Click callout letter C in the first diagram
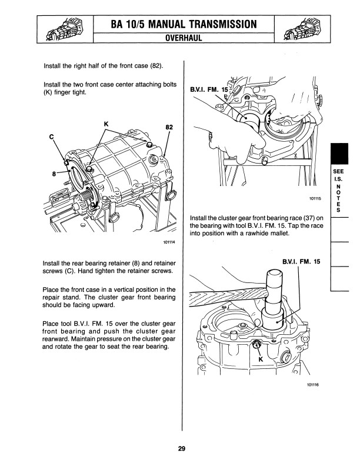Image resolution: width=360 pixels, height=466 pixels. (x=52, y=137)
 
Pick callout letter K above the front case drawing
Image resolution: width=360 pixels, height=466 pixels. (x=106, y=124)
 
